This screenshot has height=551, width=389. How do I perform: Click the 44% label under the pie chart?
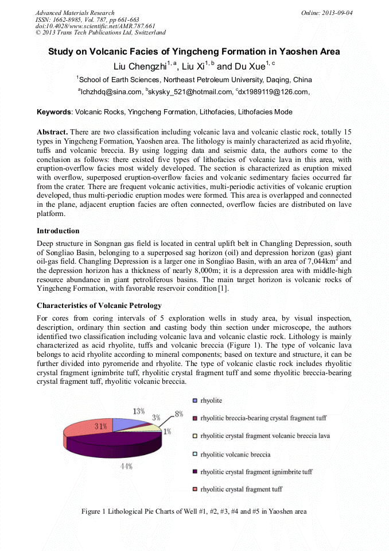tap(126, 466)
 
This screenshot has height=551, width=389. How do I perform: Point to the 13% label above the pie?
tap(139, 411)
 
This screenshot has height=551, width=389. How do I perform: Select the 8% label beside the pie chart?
tap(179, 413)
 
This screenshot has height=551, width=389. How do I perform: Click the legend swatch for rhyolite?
tap(195, 400)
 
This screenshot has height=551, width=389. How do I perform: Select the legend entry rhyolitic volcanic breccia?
tap(235, 454)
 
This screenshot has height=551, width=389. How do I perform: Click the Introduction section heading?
tap(58, 231)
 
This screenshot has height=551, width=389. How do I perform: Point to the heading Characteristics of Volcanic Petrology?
tap(99, 305)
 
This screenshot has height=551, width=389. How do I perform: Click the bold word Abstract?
tap(52, 132)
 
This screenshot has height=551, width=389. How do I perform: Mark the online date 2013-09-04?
tap(337, 13)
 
